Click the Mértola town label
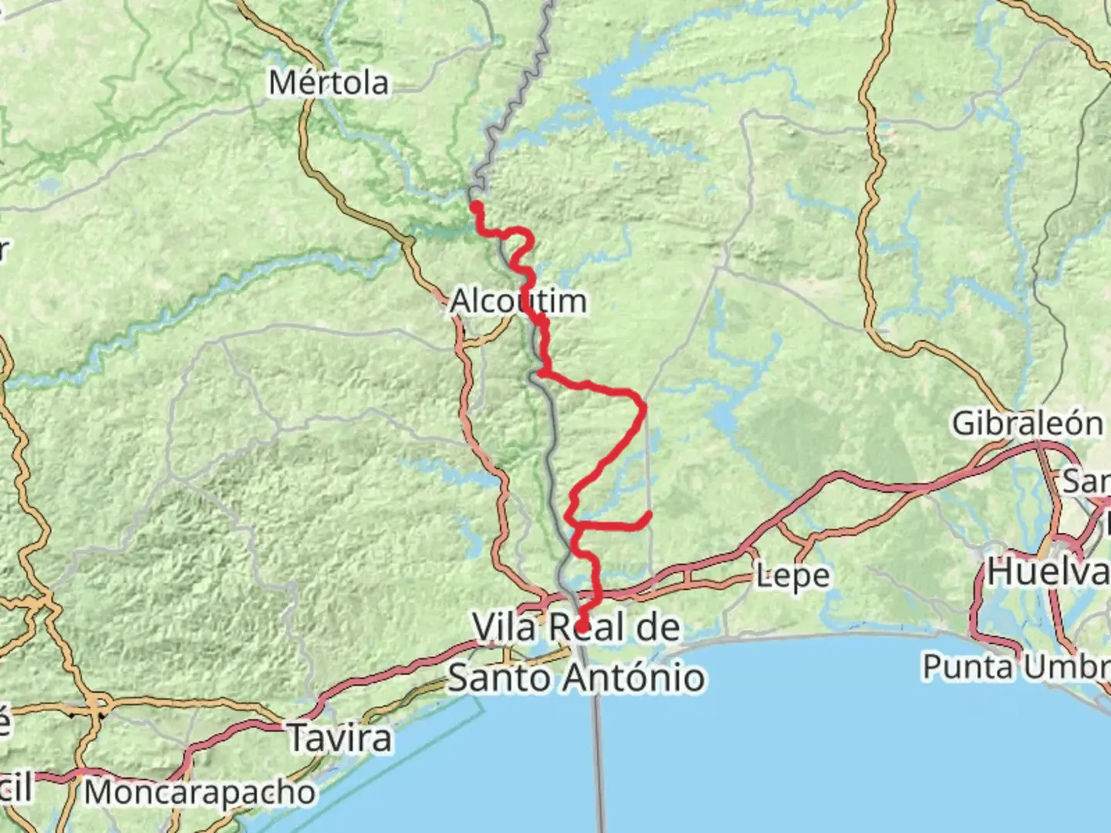328,83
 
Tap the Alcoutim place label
518,301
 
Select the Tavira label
339,738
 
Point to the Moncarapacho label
200,792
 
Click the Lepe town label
792,575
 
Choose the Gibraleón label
1027,423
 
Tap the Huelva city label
1049,572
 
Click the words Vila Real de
576,628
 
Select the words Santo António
576,678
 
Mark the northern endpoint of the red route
476,206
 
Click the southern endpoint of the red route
583,626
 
